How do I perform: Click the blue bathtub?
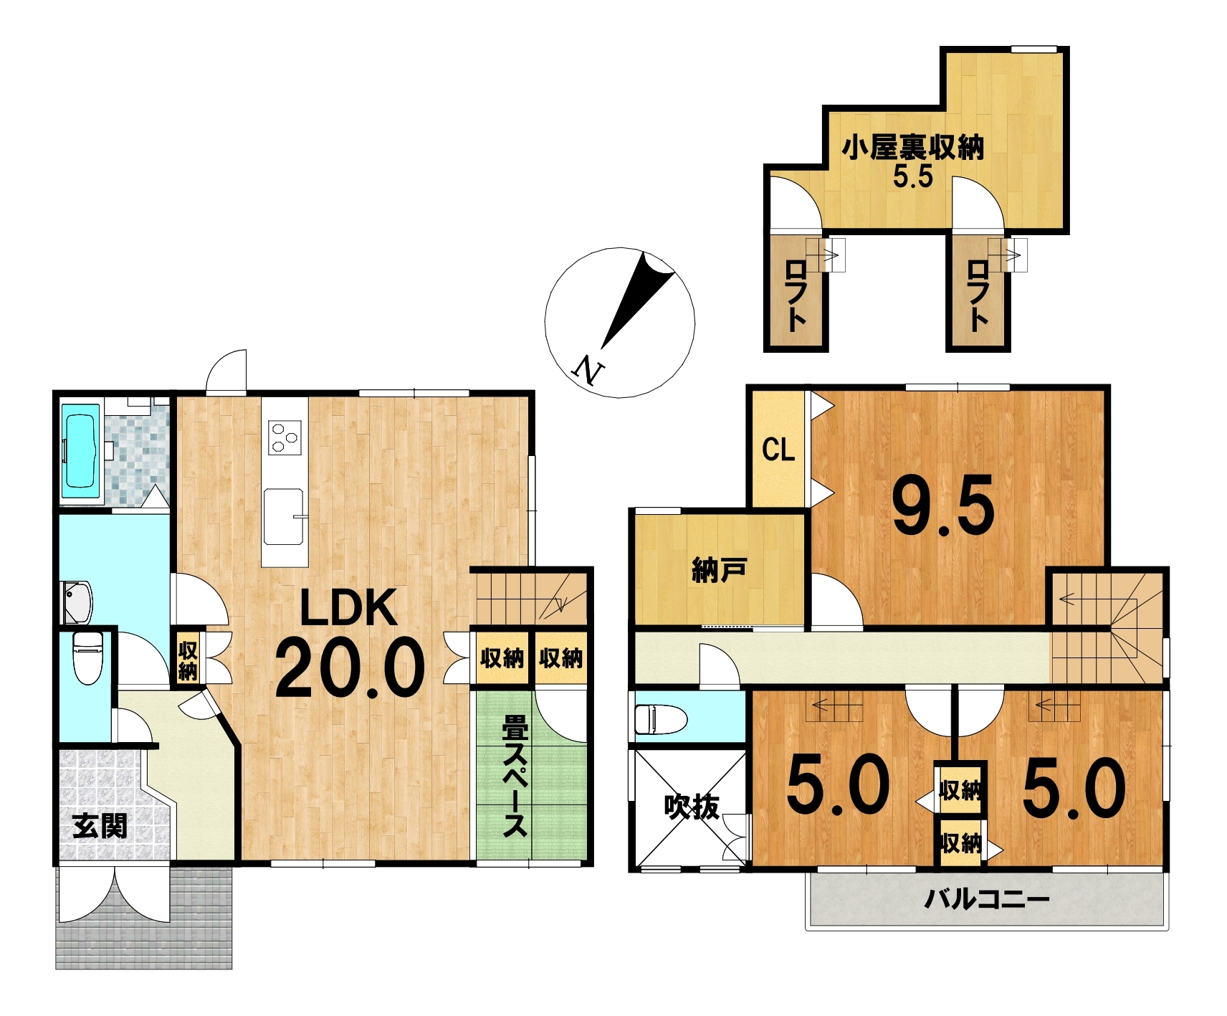click(80, 450)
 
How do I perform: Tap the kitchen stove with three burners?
click(285, 437)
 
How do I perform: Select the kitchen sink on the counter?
click(284, 516)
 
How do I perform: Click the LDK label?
click(348, 608)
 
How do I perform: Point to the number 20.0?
click(350, 668)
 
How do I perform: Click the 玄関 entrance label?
click(100, 826)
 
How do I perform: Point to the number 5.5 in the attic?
click(913, 176)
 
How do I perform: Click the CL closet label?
click(778, 450)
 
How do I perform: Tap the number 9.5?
click(943, 506)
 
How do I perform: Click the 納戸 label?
click(718, 571)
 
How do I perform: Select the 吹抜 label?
click(692, 807)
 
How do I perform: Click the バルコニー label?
click(987, 898)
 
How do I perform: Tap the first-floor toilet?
click(88, 657)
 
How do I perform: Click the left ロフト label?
click(796, 295)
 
